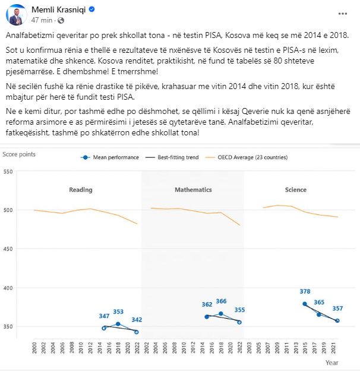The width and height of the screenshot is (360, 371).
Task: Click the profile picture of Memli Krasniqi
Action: pos(17,15)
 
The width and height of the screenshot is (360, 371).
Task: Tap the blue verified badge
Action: pos(91,9)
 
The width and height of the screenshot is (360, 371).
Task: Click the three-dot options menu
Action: pos(342,14)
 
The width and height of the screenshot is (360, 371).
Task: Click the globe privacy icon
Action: pos(61,21)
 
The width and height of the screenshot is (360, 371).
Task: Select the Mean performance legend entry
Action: pos(109,157)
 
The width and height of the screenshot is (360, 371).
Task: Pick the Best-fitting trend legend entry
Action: pos(172,157)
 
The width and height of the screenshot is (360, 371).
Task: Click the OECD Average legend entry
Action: pos(247,157)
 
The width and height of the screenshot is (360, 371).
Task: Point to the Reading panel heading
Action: pos(81,190)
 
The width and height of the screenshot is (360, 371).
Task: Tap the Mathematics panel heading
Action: pos(193,190)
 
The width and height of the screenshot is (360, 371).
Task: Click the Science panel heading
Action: pos(296,190)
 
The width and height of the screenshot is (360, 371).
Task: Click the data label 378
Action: pos(305,291)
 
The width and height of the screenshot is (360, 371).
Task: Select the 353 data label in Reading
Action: pos(118,312)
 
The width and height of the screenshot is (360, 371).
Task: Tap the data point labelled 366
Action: pos(221,313)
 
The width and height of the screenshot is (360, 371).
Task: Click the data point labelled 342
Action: pos(137,332)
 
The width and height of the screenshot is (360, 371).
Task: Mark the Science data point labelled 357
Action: pos(337,321)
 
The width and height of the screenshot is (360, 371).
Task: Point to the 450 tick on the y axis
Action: pos(8,249)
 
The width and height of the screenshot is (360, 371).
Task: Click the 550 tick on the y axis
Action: pos(8,172)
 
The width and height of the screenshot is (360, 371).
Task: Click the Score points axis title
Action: pos(19,154)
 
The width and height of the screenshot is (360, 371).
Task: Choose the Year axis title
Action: pos(332,363)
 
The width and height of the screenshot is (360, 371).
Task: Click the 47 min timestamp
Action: pos(42,20)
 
